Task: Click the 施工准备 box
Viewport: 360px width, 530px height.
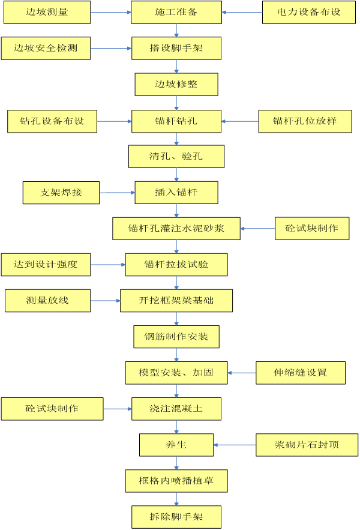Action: pos(176,12)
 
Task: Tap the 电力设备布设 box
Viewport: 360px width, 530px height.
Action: pos(309,12)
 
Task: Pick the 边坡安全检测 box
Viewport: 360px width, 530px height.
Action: pos(46,48)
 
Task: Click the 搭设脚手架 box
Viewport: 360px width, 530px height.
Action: pos(176,48)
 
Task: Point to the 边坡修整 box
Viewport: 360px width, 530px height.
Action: pos(176,85)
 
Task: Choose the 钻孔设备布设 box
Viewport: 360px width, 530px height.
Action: pos(52,121)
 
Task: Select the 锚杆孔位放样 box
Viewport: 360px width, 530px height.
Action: pos(305,121)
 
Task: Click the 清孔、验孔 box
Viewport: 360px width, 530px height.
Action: pos(176,157)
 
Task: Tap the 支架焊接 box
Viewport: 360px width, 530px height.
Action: pos(61,193)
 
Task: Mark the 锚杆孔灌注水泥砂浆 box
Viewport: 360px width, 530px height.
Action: pos(176,228)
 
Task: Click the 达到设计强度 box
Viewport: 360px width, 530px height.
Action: pos(46,264)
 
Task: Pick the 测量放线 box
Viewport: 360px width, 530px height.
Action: pos(48,300)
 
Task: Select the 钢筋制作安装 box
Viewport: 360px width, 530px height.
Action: pos(176,337)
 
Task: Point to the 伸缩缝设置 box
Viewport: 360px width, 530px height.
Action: pos(301,373)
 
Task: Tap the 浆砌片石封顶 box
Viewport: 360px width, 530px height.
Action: pos(307,445)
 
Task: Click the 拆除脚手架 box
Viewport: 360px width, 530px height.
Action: pos(176,517)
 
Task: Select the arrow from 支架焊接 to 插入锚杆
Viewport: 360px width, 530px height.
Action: pos(117,193)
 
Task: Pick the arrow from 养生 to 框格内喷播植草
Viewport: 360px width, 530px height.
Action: pos(176,463)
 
